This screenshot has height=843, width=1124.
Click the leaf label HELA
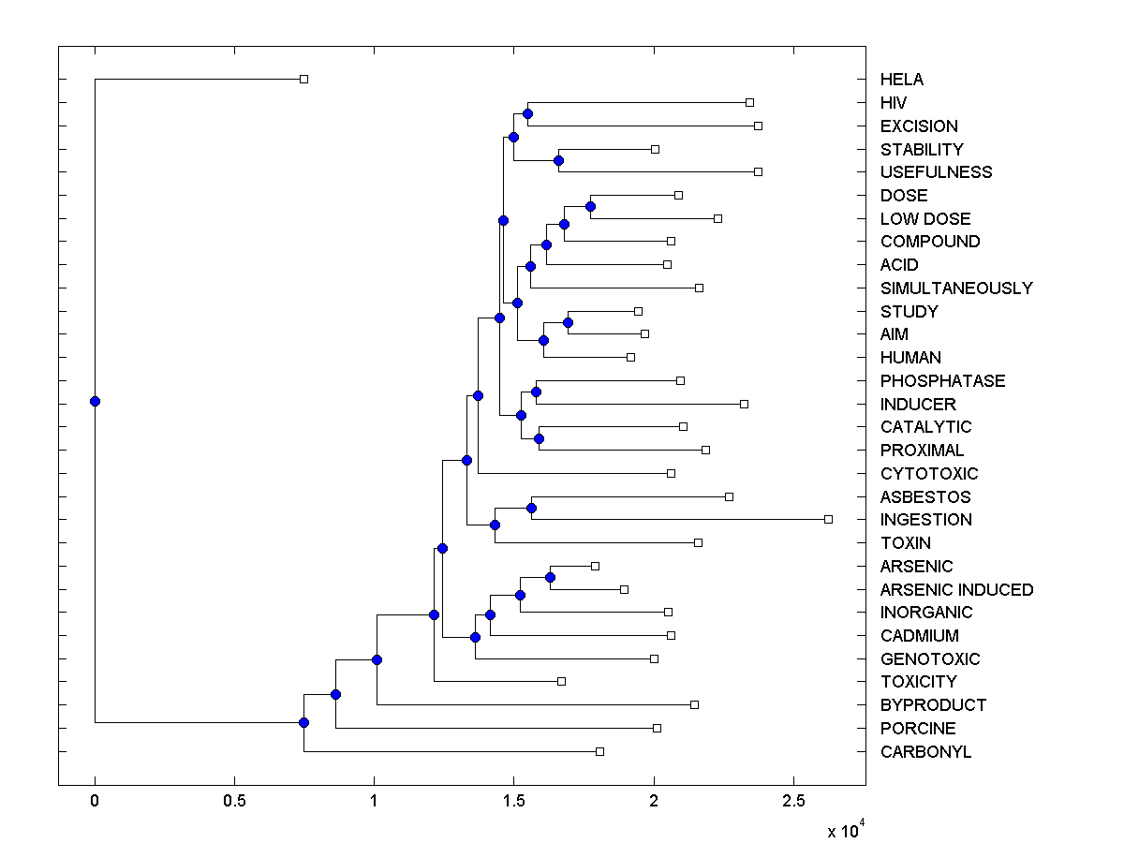pyautogui.click(x=902, y=80)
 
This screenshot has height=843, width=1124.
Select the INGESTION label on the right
pyautogui.click(x=925, y=520)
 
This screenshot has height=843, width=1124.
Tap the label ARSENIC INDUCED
pyautogui.click(x=956, y=589)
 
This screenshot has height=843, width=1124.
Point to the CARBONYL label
pyautogui.click(x=925, y=751)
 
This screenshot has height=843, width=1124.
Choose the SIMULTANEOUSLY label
pyautogui.click(x=955, y=288)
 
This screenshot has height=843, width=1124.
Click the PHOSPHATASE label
pyautogui.click(x=942, y=380)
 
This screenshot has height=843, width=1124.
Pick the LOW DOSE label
pyautogui.click(x=924, y=218)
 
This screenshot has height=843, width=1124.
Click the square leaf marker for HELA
pyautogui.click(x=303, y=80)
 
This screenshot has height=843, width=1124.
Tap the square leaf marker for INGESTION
pyautogui.click(x=828, y=519)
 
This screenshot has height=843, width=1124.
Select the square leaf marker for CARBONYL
pyautogui.click(x=600, y=751)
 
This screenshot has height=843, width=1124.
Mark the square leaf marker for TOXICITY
pyautogui.click(x=562, y=681)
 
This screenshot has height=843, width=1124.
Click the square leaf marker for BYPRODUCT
pyautogui.click(x=694, y=704)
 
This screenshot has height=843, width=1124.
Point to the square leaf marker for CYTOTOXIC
pyautogui.click(x=671, y=473)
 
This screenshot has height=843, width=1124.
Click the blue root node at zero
pyautogui.click(x=95, y=401)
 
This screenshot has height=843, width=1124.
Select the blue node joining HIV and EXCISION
pyautogui.click(x=527, y=113)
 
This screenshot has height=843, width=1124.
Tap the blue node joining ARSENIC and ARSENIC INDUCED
pyautogui.click(x=550, y=577)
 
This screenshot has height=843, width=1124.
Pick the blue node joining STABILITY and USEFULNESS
pyautogui.click(x=558, y=160)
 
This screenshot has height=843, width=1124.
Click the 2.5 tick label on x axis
pyautogui.click(x=793, y=801)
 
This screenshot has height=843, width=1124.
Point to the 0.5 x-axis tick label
pyautogui.click(x=234, y=801)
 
